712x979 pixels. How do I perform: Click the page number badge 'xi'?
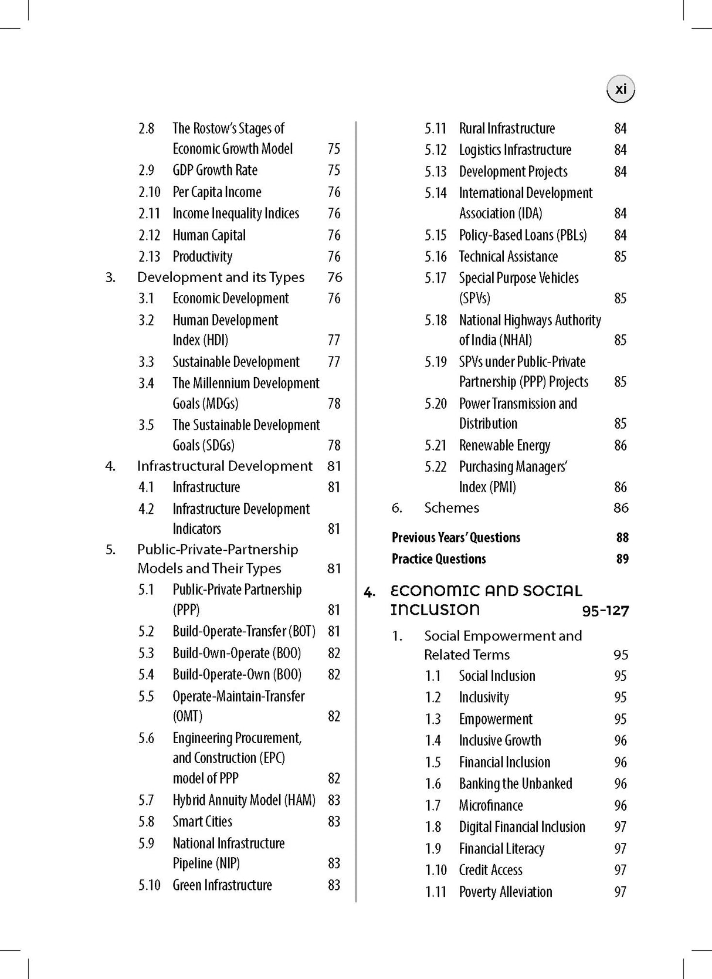[x=621, y=90]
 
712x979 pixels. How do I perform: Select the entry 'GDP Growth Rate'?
[x=215, y=170]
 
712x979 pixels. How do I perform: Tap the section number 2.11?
[x=149, y=214]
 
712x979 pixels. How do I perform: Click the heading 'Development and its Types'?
[x=221, y=277]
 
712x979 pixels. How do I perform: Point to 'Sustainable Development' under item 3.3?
[x=236, y=362]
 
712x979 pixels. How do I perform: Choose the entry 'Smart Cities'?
[x=202, y=821]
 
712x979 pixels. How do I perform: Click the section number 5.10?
[x=149, y=885]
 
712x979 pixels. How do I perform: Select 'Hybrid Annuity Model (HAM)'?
[x=243, y=800]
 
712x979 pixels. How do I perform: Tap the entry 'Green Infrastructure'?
[x=222, y=885]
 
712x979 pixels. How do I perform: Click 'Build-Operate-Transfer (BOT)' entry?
[x=243, y=632]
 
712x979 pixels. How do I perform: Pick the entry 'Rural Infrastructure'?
[x=507, y=128]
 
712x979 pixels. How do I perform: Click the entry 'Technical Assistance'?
[x=508, y=256]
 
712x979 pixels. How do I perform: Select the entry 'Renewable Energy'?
[x=504, y=446]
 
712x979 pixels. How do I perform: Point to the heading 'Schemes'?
[x=452, y=508]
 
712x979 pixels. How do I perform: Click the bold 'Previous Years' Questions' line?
[x=456, y=537]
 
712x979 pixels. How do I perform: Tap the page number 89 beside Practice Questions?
[x=622, y=559]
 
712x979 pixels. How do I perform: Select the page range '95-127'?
[x=605, y=611]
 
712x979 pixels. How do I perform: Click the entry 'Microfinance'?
[x=491, y=805]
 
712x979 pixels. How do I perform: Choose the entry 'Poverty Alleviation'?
[x=506, y=892]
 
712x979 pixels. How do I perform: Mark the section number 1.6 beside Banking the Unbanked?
[x=433, y=784]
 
